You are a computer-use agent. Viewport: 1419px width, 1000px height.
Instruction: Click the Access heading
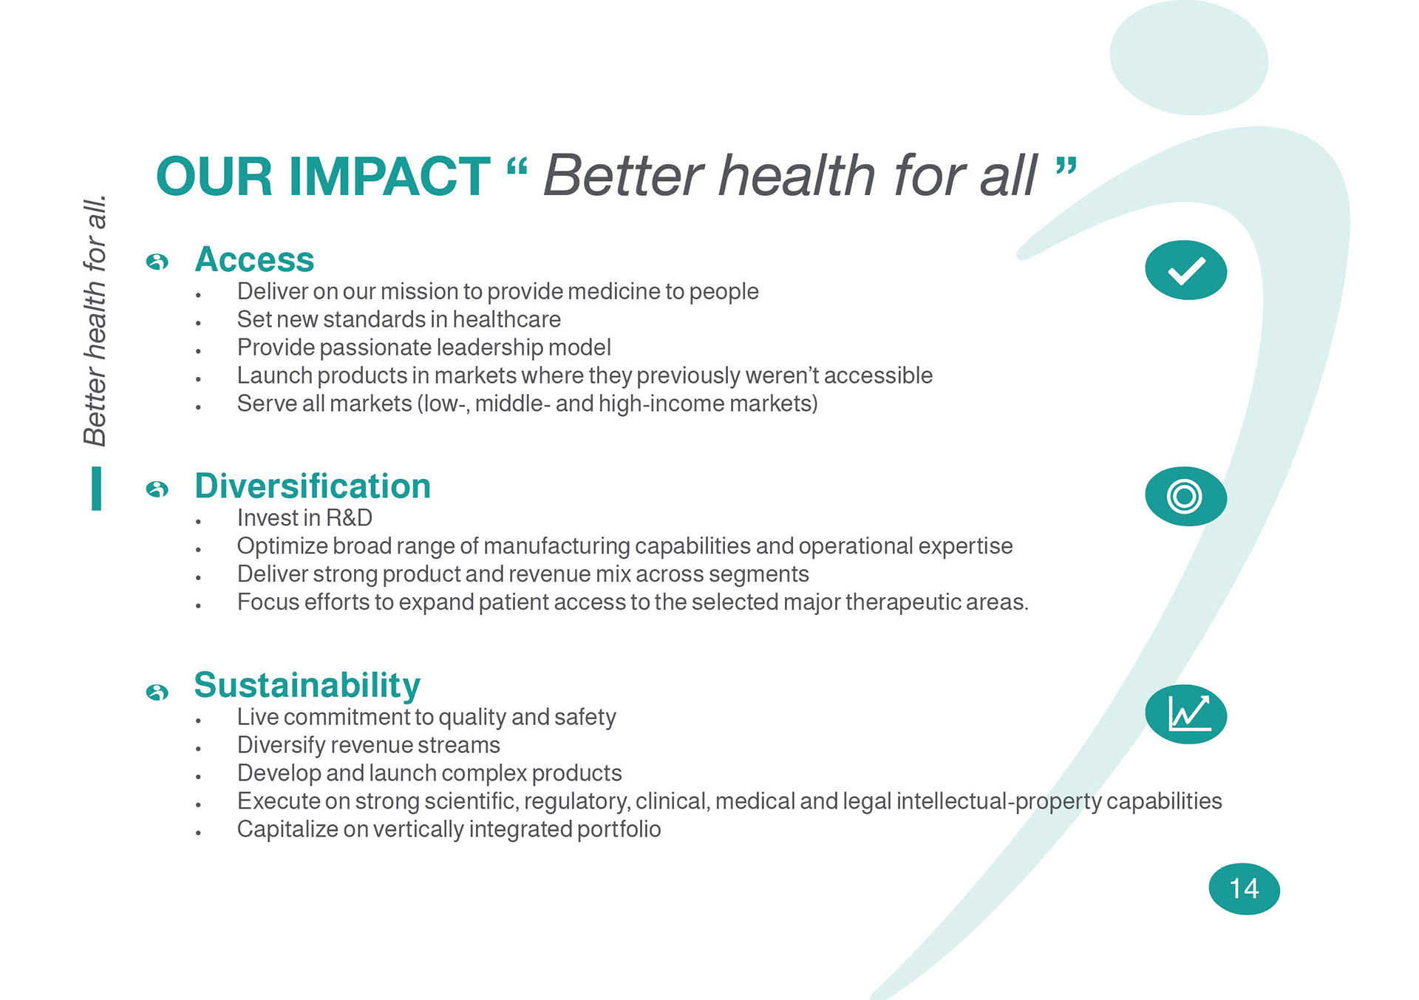tap(254, 259)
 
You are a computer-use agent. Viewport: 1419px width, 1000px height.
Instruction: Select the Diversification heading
tap(312, 486)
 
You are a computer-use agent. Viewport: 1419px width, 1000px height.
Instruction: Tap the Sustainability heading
tap(307, 686)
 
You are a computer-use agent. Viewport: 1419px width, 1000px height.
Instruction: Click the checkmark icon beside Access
tap(1185, 270)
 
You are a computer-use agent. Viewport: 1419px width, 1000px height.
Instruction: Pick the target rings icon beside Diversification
tap(1185, 496)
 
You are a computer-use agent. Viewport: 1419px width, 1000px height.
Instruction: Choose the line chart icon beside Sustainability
tap(1185, 714)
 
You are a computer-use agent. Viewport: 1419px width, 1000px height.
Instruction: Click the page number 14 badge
tap(1244, 888)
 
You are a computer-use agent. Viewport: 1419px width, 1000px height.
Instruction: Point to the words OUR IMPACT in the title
tap(322, 177)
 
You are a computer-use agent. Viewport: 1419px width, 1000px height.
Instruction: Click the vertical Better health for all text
tap(95, 321)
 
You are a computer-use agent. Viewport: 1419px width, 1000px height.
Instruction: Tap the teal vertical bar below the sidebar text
tap(96, 489)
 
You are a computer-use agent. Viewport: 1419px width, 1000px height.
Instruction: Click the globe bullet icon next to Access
tap(157, 262)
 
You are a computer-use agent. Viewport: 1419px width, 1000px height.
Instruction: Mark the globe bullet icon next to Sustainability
tap(157, 692)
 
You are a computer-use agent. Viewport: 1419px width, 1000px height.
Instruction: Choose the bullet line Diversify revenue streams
tap(368, 745)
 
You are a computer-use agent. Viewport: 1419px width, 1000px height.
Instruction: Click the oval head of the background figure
tap(1188, 58)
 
